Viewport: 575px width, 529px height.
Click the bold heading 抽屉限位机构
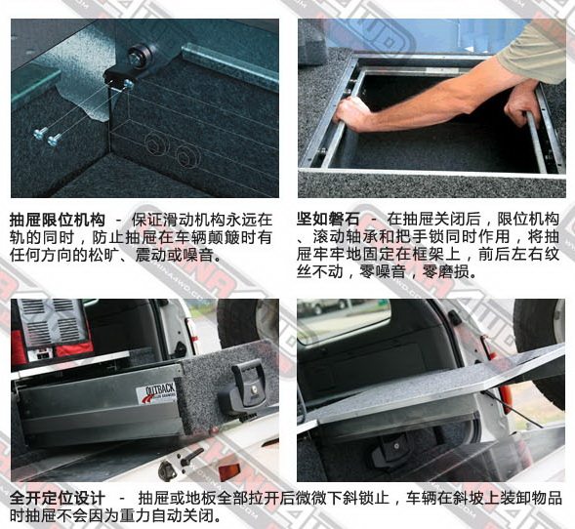pyautogui.click(x=58, y=220)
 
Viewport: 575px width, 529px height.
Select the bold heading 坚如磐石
pyautogui.click(x=328, y=220)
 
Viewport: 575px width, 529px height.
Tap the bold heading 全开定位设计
pyautogui.click(x=58, y=498)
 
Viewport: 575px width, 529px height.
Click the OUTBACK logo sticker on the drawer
pyautogui.click(x=157, y=393)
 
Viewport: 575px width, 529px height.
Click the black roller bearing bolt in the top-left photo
pyautogui.click(x=140, y=56)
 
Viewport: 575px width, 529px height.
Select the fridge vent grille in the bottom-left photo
pyautogui.click(x=51, y=323)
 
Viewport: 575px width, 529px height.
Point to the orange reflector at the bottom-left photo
pyautogui.click(x=228, y=471)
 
